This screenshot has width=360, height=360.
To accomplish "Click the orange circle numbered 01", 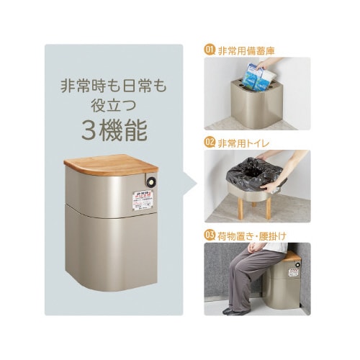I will [210, 50].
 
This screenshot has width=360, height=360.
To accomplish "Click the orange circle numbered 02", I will [210, 141].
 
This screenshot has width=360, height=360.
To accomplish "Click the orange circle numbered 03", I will [210, 234].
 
